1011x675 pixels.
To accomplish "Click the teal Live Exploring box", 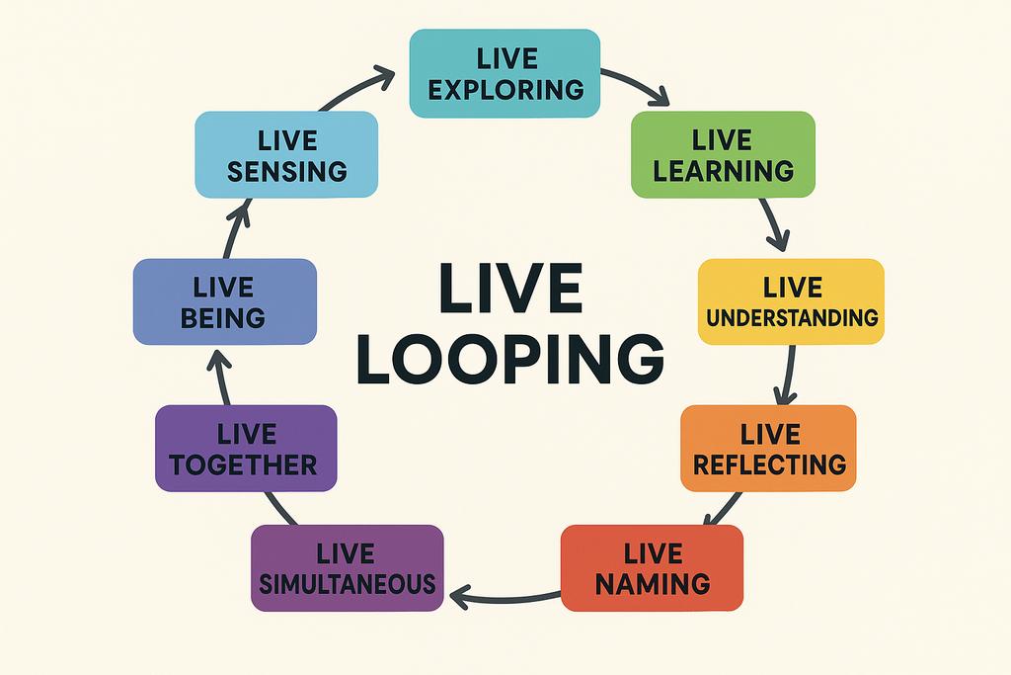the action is [x=505, y=73].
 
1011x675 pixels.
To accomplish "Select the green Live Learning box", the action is [x=723, y=154].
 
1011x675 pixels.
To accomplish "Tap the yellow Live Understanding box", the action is [x=791, y=301].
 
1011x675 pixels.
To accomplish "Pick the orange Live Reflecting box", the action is [x=769, y=448].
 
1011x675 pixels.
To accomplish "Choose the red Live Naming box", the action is [x=652, y=567].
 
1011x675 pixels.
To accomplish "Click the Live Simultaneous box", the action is [x=347, y=567].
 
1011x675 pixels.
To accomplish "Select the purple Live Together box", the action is [x=246, y=448].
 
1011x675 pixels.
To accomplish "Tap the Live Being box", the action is [x=224, y=301].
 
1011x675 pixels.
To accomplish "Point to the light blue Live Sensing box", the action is [x=286, y=154].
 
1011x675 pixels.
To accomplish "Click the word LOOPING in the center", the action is [x=509, y=360].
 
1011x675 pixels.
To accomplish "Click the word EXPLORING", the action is [x=507, y=89].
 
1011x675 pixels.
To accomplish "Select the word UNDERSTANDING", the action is [x=793, y=317].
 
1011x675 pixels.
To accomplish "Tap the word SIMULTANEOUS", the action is [x=347, y=583].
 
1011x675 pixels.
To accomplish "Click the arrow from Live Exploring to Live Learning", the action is [x=637, y=83].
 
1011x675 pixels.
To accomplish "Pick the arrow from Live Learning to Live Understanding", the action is [x=773, y=224].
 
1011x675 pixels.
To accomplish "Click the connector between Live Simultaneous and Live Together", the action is [x=281, y=507].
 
